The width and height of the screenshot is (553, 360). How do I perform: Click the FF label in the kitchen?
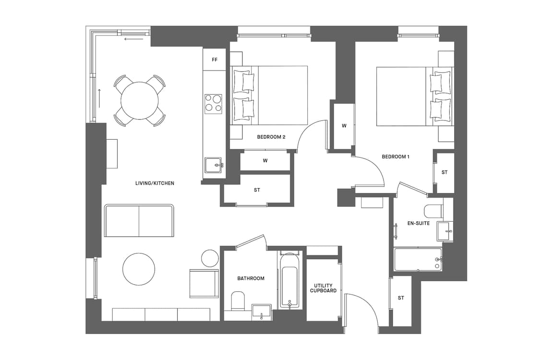[x=215, y=60]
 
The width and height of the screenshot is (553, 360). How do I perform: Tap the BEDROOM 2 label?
[x=271, y=137]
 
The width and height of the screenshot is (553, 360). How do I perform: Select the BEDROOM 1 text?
[x=396, y=156]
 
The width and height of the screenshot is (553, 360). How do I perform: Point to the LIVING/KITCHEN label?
[x=155, y=183]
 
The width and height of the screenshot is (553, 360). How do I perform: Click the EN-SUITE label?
[x=418, y=223]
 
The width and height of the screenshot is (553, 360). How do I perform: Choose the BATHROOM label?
[x=251, y=278]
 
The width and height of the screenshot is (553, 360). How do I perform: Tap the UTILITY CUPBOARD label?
[x=323, y=288]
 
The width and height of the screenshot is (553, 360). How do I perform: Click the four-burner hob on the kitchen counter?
[x=213, y=104]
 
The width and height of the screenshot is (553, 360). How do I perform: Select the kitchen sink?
[x=214, y=165]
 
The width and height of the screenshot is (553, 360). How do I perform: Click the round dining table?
[x=140, y=101]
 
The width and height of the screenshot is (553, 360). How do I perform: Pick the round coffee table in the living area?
[x=139, y=269]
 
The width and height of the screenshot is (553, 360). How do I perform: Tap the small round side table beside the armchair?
[x=210, y=258]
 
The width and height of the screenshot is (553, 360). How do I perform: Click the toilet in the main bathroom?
[x=238, y=302]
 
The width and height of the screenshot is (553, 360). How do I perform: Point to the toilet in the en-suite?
[x=434, y=211]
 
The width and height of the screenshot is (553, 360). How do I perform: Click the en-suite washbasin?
[x=444, y=231]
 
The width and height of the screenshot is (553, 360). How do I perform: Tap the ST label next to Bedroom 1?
[x=445, y=172]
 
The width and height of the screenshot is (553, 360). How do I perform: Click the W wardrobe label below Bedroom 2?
[x=265, y=160]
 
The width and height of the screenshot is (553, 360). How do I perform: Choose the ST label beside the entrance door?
[x=401, y=298]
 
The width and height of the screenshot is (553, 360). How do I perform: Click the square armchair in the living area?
[x=204, y=284]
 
